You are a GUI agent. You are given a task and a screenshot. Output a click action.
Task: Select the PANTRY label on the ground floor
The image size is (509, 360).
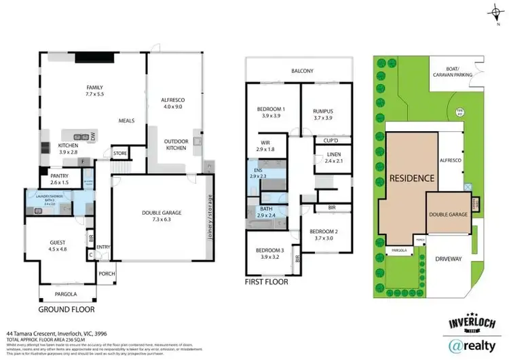click(59, 179)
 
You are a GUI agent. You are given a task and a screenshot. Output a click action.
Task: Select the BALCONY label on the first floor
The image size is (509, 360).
click(302, 70)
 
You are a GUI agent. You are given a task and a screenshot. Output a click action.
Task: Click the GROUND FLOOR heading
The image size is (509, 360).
click(66, 309)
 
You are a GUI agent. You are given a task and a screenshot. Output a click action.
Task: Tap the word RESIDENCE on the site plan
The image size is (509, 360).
click(411, 179)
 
